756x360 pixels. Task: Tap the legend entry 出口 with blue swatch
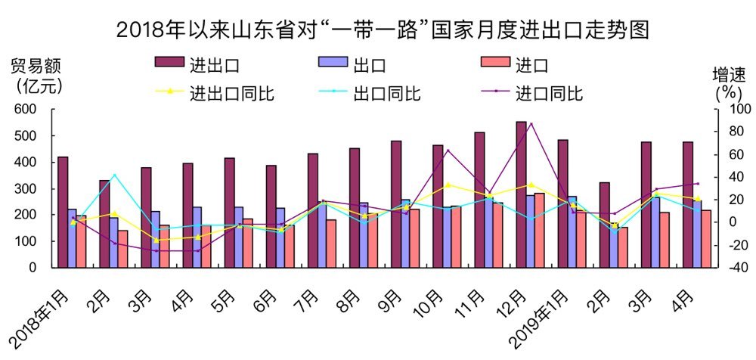pos(370,64)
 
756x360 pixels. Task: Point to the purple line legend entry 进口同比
pos(549,94)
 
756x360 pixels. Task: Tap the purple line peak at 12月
pos(531,123)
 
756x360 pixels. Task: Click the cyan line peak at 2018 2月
pos(114,175)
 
